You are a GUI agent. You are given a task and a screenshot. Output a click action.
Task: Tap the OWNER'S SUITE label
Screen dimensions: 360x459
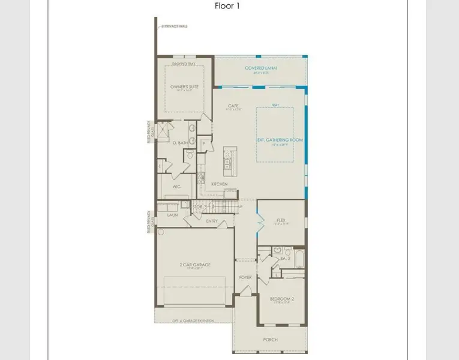184,86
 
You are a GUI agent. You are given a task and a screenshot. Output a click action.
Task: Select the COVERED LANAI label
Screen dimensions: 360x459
260,68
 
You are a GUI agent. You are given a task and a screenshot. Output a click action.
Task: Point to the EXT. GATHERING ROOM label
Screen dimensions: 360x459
280,140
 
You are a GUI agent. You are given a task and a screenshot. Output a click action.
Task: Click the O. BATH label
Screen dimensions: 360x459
179,143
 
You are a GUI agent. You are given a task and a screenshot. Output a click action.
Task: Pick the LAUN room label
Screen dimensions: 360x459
172,214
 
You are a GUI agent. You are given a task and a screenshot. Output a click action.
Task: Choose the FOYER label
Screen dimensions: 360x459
246,277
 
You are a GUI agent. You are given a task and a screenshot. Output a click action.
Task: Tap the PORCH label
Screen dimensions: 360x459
271,339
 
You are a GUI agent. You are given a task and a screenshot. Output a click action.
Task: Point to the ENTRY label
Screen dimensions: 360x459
212,221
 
